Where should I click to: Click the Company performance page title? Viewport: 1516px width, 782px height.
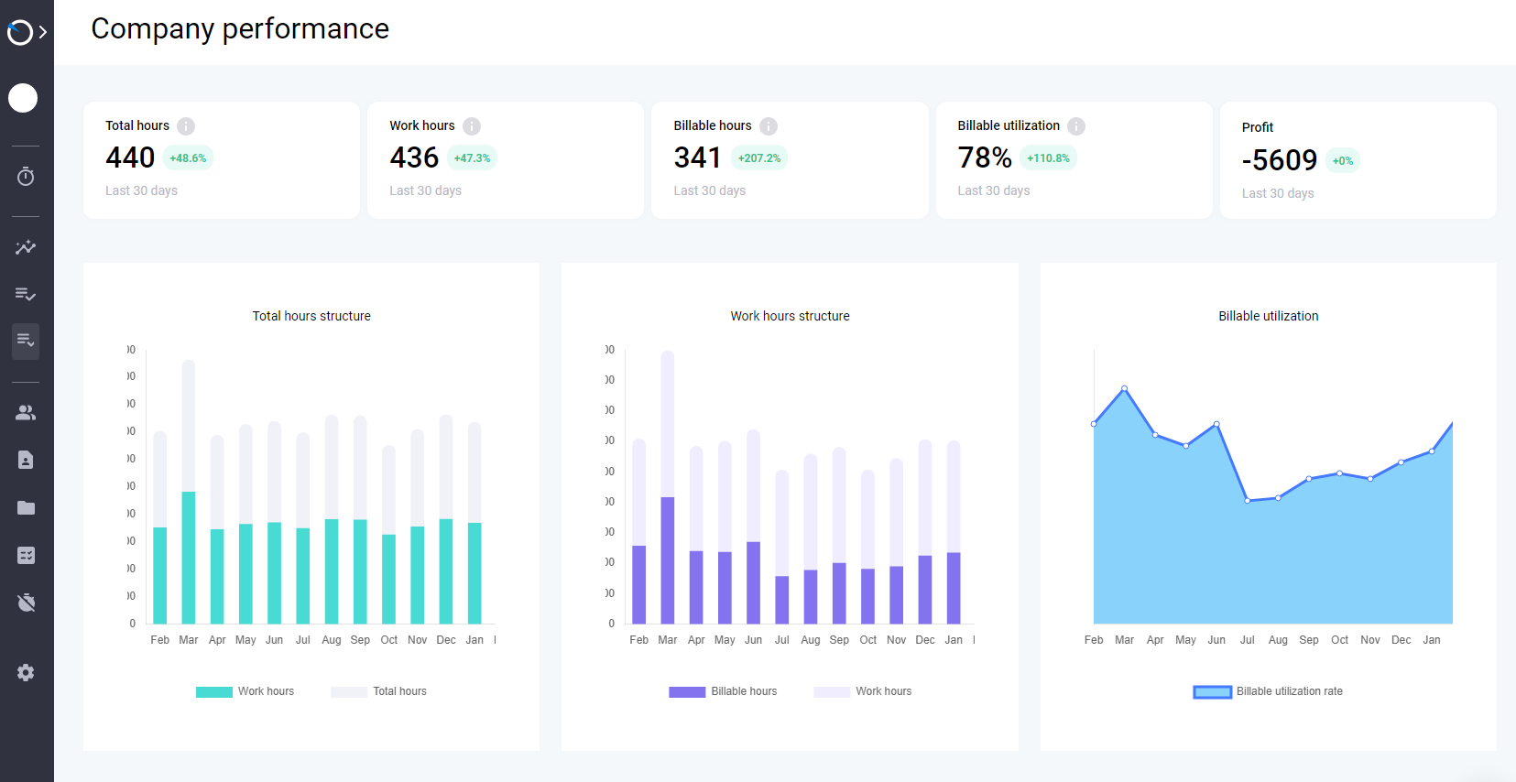point(240,28)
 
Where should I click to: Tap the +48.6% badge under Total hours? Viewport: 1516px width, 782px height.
point(188,158)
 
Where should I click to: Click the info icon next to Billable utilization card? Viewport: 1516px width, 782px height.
point(1076,126)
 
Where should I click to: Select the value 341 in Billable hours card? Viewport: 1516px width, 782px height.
point(697,157)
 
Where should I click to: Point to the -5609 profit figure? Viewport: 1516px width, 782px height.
point(1279,160)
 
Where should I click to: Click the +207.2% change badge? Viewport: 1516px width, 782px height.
point(759,158)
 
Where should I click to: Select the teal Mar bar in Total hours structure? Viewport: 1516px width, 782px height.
point(189,559)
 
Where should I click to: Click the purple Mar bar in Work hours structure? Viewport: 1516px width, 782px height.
point(668,560)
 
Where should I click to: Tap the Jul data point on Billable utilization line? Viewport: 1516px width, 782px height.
point(1248,500)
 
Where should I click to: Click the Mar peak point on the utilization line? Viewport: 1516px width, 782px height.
point(1125,388)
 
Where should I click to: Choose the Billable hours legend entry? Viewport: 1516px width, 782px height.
point(724,691)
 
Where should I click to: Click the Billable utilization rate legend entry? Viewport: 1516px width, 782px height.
point(1269,691)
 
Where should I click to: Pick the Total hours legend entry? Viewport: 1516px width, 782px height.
point(379,691)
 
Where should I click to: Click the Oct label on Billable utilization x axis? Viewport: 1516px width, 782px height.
point(1339,640)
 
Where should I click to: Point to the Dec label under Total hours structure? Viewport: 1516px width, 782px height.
point(446,640)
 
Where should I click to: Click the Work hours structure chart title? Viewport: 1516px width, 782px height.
point(790,316)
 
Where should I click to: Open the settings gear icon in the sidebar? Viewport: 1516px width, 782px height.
point(26,672)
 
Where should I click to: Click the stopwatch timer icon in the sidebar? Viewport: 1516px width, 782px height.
point(26,176)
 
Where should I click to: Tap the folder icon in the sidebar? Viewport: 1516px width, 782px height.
point(26,507)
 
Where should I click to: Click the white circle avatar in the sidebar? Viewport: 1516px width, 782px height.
point(23,98)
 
